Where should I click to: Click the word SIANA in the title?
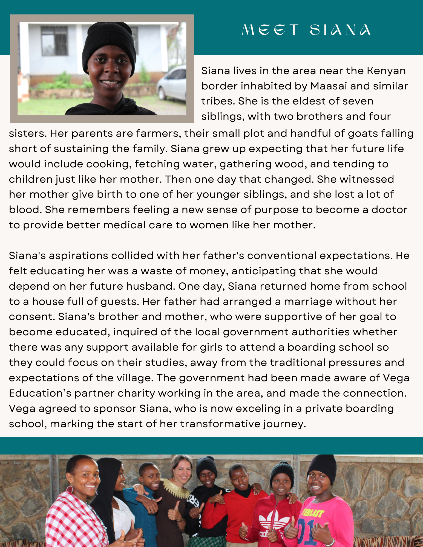tap(340, 30)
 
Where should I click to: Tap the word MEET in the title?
tap(271, 30)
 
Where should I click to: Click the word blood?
tap(24, 210)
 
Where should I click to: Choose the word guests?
tap(120, 302)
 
